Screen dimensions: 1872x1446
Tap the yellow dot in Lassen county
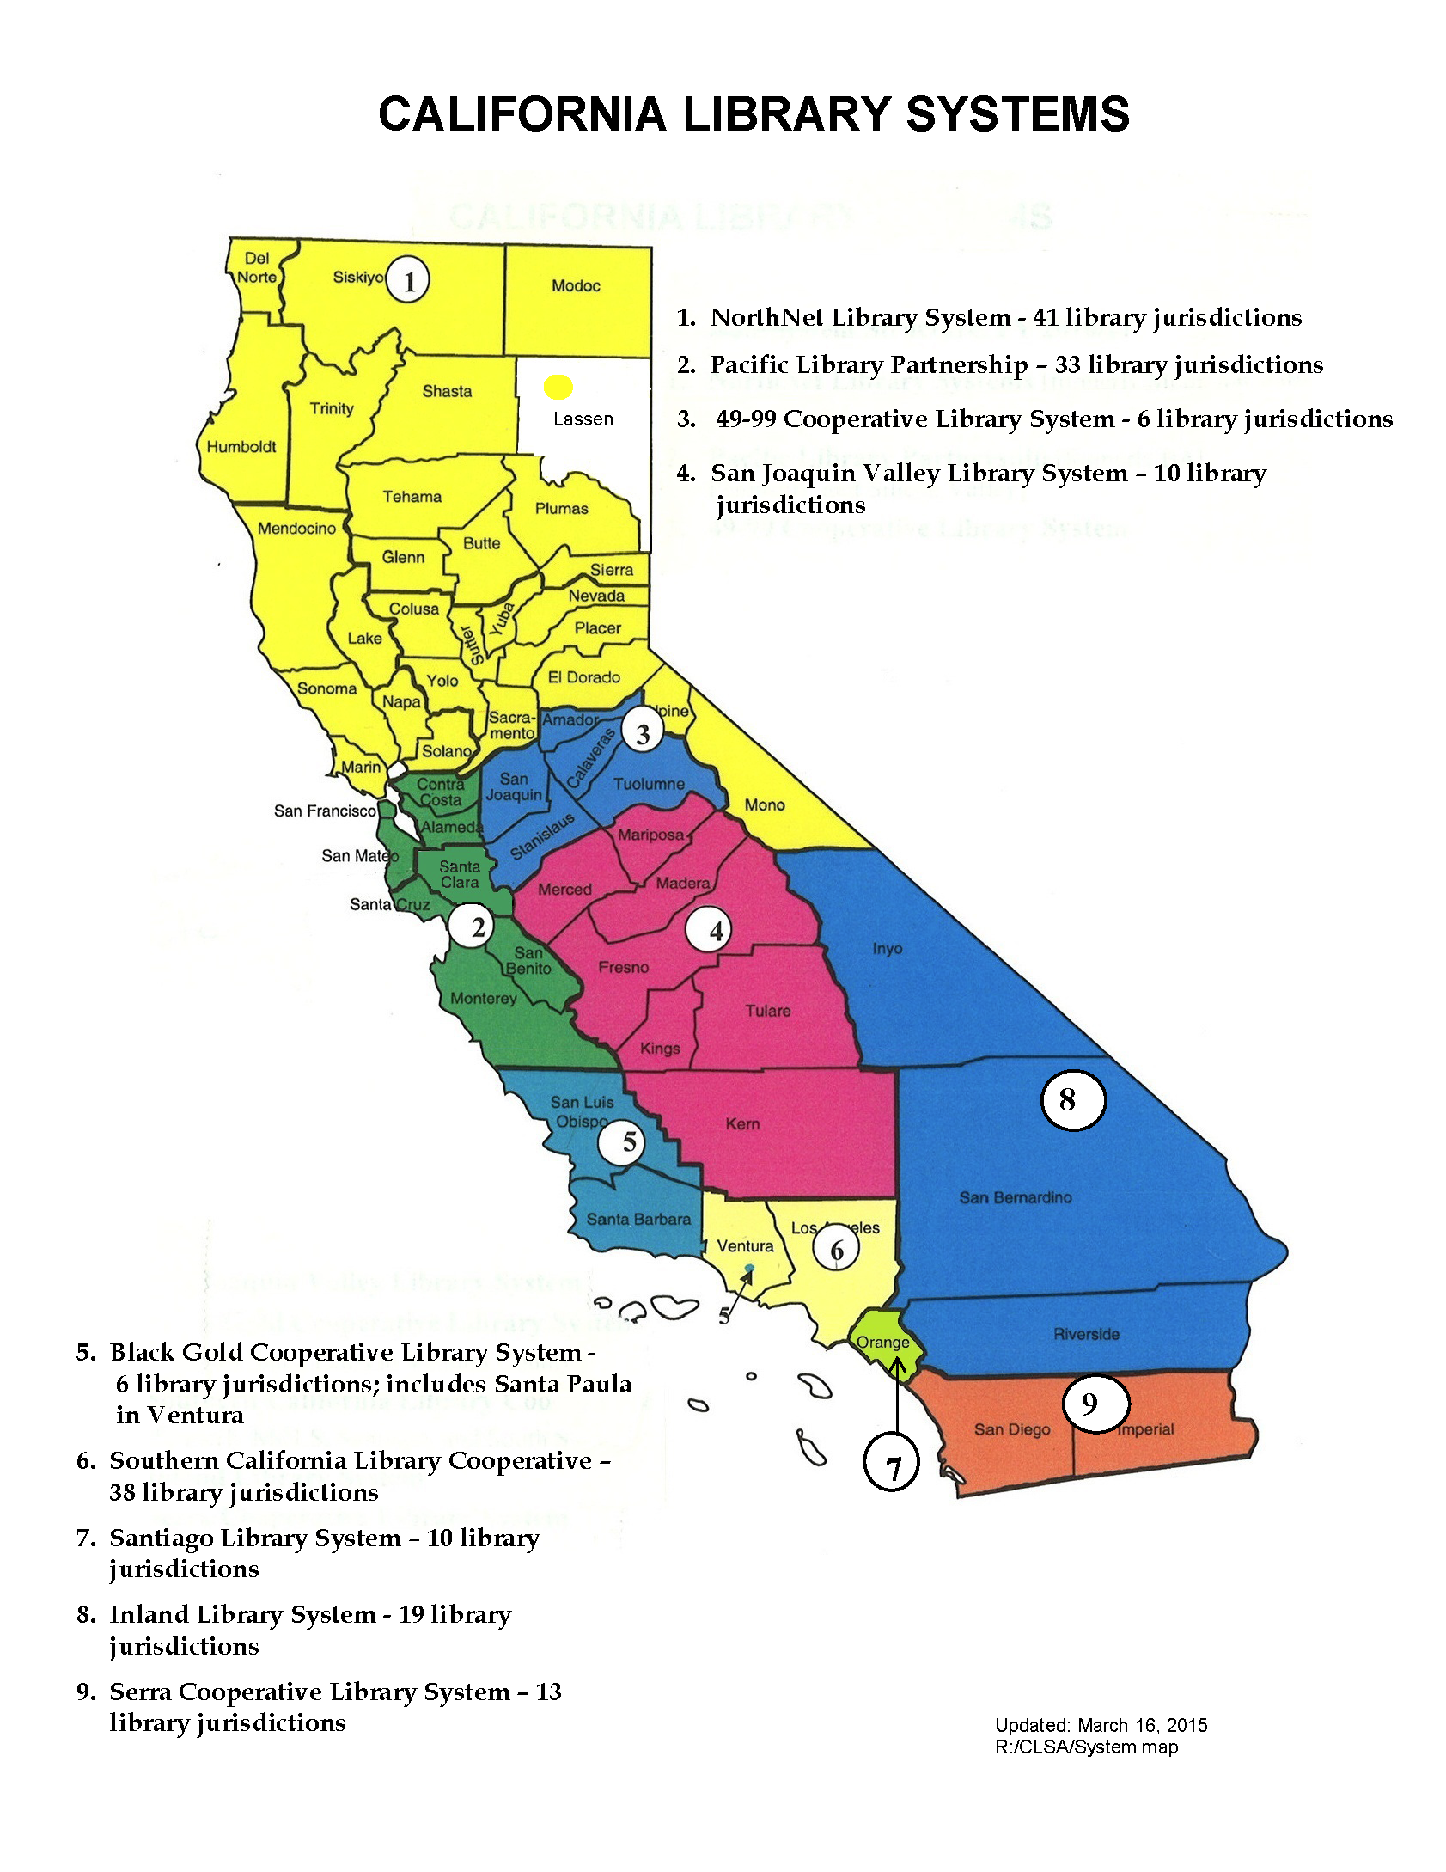558,388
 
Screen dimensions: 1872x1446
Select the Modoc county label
576,286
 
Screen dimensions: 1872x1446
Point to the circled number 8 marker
1072,1099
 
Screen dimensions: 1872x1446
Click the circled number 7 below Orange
891,1461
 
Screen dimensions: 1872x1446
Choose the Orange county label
882,1342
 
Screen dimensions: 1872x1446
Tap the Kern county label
742,1124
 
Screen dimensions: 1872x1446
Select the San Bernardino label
1015,1197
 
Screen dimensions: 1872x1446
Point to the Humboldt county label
241,447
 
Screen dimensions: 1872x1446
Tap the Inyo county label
887,949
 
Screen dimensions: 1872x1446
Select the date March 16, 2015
1142,1725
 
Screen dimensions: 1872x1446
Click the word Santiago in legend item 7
161,1539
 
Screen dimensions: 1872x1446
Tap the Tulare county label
767,1011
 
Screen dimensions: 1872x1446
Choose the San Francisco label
325,811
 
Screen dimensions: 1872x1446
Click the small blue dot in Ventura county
749,1269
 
